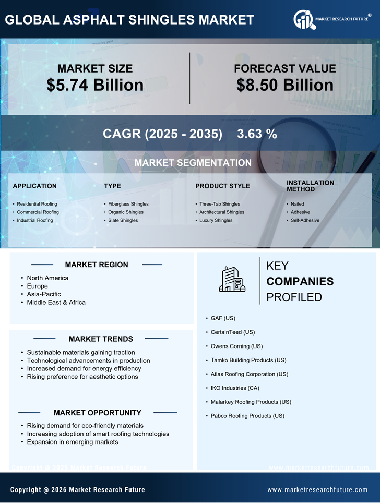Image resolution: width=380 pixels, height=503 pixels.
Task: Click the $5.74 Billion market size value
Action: click(x=95, y=85)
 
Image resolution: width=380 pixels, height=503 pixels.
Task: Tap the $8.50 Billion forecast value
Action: click(x=284, y=85)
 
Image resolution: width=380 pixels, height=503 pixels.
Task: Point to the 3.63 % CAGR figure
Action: click(x=257, y=134)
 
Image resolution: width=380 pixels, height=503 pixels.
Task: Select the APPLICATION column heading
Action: click(x=34, y=186)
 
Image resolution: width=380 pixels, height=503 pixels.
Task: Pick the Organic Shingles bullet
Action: click(x=125, y=212)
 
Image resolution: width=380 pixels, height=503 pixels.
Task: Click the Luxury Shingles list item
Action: click(x=216, y=220)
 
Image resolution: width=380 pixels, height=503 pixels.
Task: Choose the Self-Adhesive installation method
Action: click(x=305, y=220)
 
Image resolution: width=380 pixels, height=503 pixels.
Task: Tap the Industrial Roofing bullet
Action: click(x=34, y=220)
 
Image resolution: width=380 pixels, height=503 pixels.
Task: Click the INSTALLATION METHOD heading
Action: click(x=310, y=186)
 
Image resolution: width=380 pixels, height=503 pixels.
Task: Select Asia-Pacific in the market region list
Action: click(x=44, y=294)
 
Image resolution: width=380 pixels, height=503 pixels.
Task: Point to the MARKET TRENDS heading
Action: click(x=101, y=339)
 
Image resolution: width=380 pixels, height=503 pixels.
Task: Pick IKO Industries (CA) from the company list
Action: click(x=235, y=388)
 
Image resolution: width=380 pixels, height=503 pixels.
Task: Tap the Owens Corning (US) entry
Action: click(x=236, y=346)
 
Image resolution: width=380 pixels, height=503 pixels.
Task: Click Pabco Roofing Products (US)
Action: click(x=247, y=416)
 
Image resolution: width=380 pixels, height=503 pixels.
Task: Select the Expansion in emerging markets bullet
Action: click(x=73, y=442)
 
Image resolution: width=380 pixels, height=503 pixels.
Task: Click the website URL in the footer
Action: click(x=317, y=490)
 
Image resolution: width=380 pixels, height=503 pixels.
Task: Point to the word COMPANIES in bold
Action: click(x=300, y=282)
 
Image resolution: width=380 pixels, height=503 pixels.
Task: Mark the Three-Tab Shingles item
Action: click(x=220, y=204)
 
